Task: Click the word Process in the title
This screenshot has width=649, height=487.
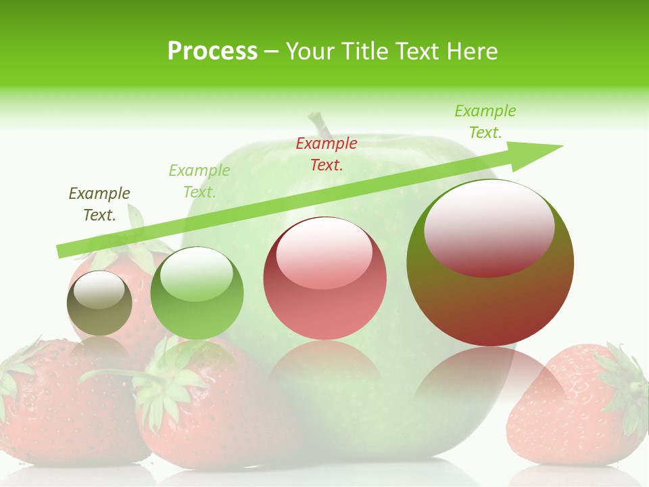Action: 212,51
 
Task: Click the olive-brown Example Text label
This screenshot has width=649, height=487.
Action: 99,204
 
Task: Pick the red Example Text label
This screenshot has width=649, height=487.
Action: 327,154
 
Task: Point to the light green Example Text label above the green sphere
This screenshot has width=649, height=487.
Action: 199,181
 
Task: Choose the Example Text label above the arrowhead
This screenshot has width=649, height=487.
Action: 485,122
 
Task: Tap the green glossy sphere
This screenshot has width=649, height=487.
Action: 197,294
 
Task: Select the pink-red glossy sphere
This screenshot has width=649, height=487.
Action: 324,279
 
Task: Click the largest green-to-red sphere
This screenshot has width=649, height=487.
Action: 490,264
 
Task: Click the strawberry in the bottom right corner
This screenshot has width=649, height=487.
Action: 575,406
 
